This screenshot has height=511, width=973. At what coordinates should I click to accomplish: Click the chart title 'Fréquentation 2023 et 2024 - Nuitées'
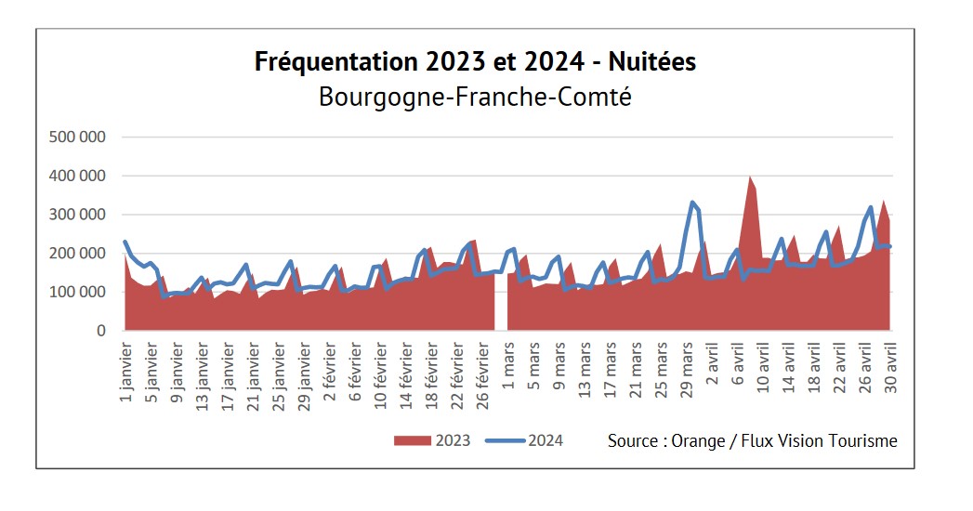tap(475, 62)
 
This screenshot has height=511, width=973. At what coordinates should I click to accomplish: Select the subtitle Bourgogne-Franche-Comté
tap(475, 96)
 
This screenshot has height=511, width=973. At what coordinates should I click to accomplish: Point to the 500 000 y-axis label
tap(79, 137)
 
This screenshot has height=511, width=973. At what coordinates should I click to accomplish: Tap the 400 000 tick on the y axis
tap(79, 176)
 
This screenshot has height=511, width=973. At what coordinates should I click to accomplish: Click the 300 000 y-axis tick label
tap(79, 215)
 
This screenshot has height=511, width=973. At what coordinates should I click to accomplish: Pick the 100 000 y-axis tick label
tap(79, 292)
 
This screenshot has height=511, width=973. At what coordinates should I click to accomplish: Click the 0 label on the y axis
tap(101, 331)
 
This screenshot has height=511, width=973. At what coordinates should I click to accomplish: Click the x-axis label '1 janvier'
tap(127, 372)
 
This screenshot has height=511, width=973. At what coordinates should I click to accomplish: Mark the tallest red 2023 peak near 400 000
tap(750, 177)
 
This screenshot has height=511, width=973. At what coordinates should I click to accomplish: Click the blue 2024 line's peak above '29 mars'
tap(692, 203)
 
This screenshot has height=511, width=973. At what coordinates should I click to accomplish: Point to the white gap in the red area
tap(501, 307)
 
